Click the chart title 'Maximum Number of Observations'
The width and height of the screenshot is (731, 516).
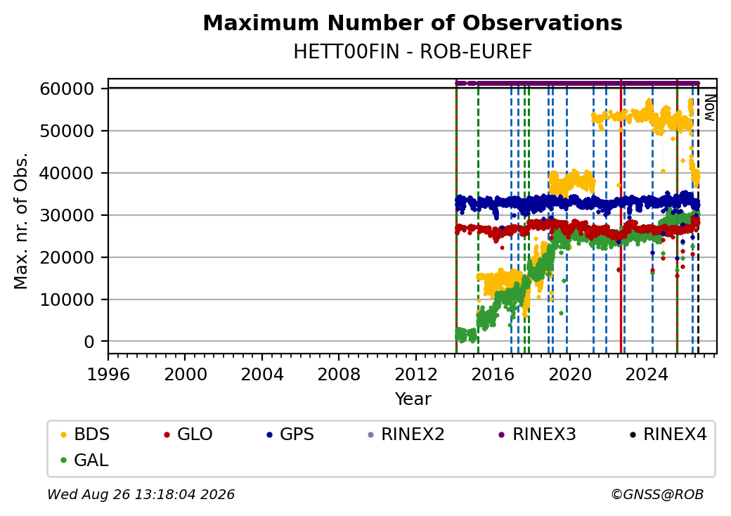coord(413,22)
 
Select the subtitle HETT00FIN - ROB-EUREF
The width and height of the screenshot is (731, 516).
coord(413,52)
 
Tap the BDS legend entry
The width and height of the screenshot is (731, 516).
coord(85,434)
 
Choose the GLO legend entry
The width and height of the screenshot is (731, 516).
coord(188,434)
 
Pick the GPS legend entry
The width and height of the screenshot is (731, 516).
coord(290,434)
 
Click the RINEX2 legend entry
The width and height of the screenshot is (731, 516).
coord(406,434)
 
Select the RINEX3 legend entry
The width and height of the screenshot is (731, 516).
coord(538,434)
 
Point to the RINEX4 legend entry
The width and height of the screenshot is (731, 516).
coord(668,434)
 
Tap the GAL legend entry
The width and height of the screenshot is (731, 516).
coord(85,460)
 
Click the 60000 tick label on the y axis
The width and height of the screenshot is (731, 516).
coord(67,89)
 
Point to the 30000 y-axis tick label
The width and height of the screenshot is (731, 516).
coord(67,215)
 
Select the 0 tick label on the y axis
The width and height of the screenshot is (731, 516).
coord(89,342)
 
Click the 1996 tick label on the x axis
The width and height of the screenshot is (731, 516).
coord(109,374)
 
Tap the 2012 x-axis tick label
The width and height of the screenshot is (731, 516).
coord(415,374)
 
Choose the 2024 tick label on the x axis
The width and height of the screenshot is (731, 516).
coord(647,374)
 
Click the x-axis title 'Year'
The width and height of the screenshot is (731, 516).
coord(413,399)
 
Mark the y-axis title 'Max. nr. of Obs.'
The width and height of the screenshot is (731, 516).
coord(21,221)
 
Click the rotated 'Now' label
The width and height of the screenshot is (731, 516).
coord(709,108)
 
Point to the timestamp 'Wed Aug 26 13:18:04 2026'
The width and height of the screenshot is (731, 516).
coord(141,494)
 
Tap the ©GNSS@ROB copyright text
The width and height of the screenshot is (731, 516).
coord(657,494)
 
